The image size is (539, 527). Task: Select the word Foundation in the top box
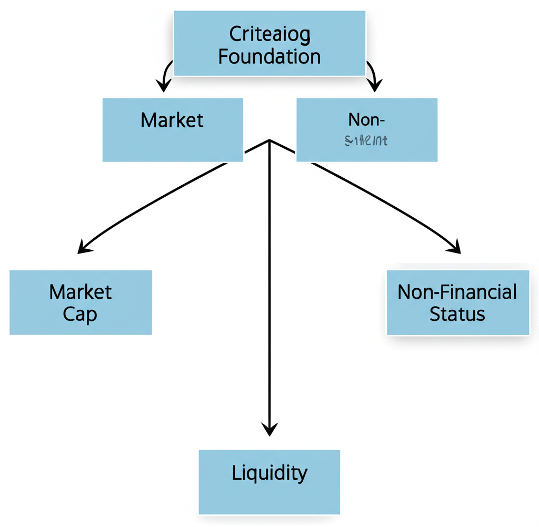[269, 56]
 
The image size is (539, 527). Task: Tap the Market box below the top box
[173, 129]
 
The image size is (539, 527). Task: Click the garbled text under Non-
[367, 140]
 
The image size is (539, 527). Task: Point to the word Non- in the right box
[367, 120]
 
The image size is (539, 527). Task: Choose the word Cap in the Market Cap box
[80, 315]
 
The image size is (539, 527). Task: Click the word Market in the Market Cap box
[80, 292]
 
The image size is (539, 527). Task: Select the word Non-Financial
[457, 292]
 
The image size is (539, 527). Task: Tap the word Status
[457, 314]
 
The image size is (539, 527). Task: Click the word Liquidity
[269, 473]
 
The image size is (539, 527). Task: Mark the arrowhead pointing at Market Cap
[83, 247]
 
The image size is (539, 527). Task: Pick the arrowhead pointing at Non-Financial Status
[455, 247]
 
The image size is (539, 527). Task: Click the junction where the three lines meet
[269, 140]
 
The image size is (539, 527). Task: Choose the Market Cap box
[81, 302]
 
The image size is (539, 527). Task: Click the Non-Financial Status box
[457, 302]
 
